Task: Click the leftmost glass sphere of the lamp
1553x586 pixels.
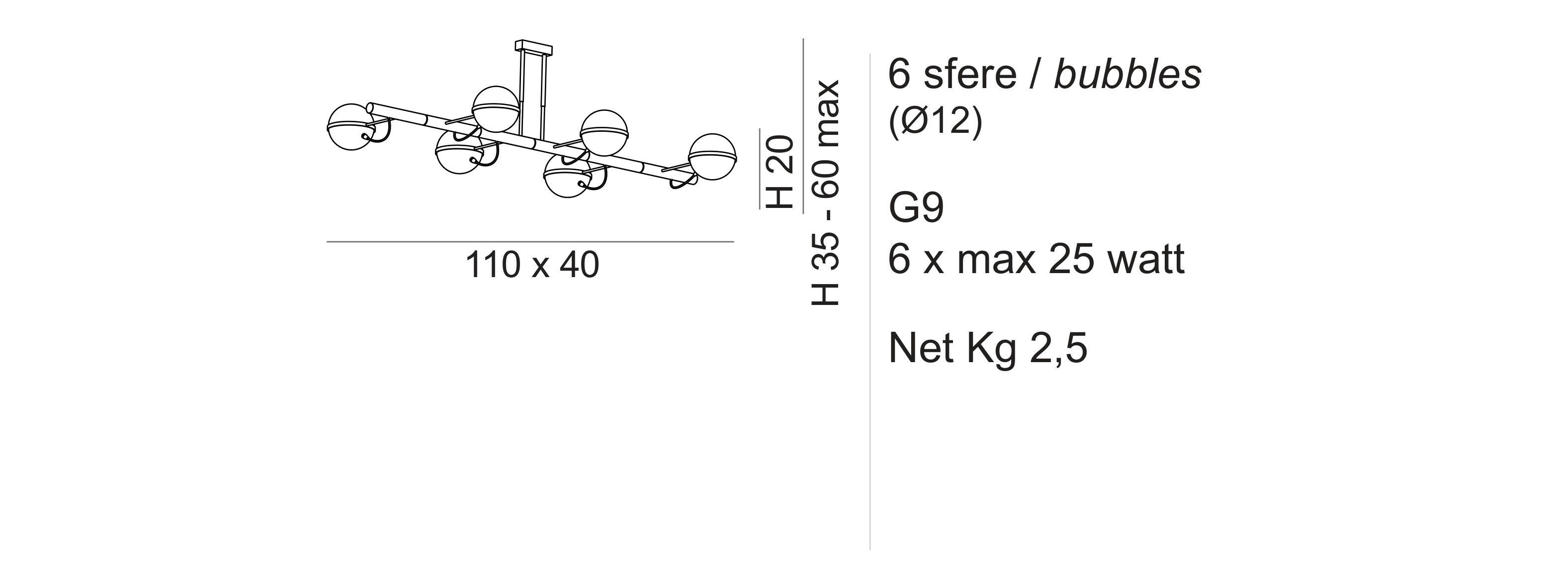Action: tap(349, 127)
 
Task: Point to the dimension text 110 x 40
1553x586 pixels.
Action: tap(532, 266)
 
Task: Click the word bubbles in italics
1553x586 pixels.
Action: tap(1127, 76)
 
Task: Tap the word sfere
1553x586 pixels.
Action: tap(970, 76)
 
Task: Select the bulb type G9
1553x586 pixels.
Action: tap(916, 208)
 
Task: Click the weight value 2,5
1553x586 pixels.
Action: tap(1058, 349)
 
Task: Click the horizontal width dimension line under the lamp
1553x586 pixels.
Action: tap(530, 242)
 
